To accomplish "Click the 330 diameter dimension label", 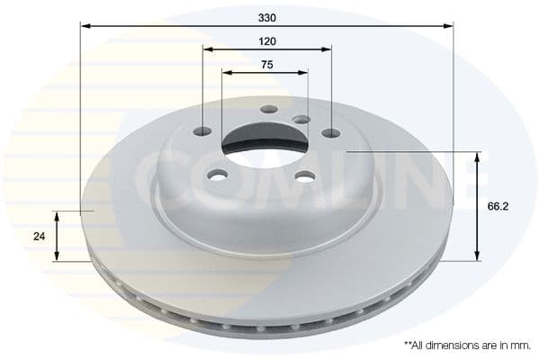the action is (x=267, y=18).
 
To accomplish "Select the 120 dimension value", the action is (x=267, y=41).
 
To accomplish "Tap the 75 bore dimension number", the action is (x=267, y=65).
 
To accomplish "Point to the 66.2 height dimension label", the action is (x=498, y=206).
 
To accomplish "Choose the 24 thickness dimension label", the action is (x=40, y=237).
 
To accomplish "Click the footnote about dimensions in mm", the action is (x=467, y=346).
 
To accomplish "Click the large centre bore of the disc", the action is (x=265, y=143).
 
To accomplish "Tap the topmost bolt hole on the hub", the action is (x=269, y=110).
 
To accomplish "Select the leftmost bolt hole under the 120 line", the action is (x=202, y=130).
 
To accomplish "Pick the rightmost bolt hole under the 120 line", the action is (x=331, y=132).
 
